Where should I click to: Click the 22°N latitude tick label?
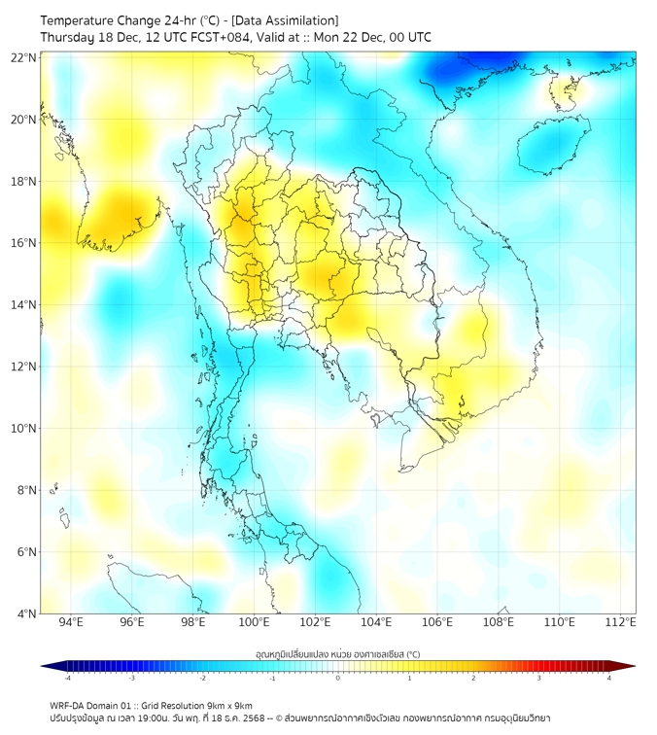point(24,57)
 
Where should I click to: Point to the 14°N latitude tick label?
point(24,304)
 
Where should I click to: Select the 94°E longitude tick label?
point(71,622)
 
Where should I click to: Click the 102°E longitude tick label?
point(315,622)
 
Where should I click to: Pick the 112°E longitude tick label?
point(620,622)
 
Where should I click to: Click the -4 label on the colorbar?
point(66,677)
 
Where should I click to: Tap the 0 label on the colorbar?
point(338,677)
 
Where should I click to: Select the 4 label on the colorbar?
point(608,677)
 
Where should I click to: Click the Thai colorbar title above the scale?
point(337,653)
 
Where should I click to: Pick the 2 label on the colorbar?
point(473,677)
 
